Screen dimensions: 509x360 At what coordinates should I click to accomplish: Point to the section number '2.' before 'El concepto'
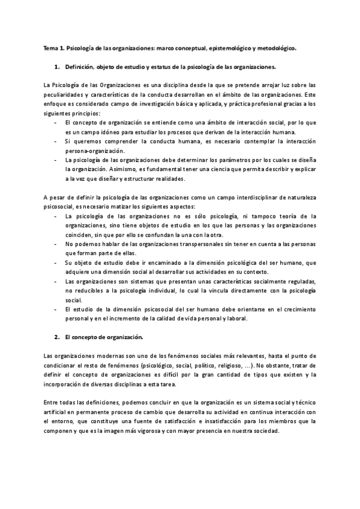tap(56, 337)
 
